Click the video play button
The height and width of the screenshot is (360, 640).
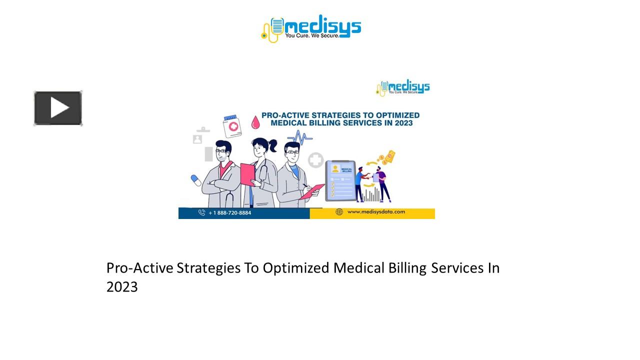pos(58,108)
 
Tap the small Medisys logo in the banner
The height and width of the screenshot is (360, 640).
pos(403,88)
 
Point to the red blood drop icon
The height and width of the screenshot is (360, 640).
pos(255,122)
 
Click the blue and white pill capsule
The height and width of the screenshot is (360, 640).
pos(196,180)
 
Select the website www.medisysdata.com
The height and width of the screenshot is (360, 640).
pos(376,212)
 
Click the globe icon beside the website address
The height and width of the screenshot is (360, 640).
pos(339,212)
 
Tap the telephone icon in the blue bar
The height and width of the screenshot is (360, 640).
pos(201,212)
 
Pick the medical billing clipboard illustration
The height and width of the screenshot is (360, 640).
pos(340,180)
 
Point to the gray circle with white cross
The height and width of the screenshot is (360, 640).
pos(315,160)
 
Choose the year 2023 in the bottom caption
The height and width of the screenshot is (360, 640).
pos(121,287)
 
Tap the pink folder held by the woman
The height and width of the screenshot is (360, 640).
pos(248,174)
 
